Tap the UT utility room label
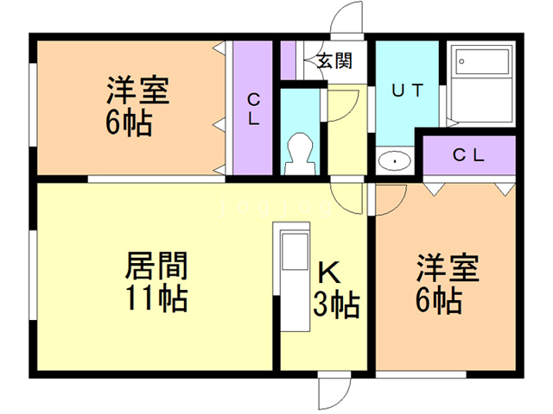(x=406, y=90)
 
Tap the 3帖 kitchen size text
(x=336, y=304)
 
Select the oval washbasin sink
(x=395, y=160)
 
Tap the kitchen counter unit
(x=293, y=275)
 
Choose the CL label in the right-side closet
(x=469, y=156)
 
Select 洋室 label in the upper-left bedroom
(x=137, y=91)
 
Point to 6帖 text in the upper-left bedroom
(x=130, y=122)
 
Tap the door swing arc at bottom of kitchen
(x=333, y=392)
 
